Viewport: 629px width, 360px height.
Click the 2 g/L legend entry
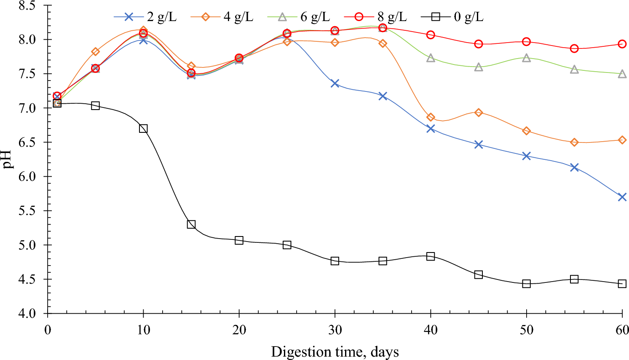145,17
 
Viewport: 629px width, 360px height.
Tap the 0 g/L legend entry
452,17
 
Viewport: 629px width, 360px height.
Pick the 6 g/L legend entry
299,17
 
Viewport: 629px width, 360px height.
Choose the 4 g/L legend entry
222,17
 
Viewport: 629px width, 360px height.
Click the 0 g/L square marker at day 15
191,224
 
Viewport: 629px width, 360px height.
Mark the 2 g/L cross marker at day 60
622,197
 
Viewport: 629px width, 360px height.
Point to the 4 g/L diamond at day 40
431,117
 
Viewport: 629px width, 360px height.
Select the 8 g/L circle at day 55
574,48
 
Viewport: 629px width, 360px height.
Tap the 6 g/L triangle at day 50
526,58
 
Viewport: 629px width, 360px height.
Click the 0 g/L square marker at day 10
143,129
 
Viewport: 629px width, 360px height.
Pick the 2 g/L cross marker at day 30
335,83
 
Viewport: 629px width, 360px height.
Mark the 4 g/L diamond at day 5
96,51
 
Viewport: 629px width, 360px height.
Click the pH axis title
8,159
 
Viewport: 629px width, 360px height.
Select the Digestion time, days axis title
335,352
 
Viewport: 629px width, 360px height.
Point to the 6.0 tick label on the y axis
28,177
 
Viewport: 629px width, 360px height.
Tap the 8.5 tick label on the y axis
28,6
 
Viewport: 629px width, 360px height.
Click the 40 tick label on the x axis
431,330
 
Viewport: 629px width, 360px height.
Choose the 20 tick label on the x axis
239,330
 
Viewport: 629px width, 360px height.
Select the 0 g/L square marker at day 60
622,284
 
